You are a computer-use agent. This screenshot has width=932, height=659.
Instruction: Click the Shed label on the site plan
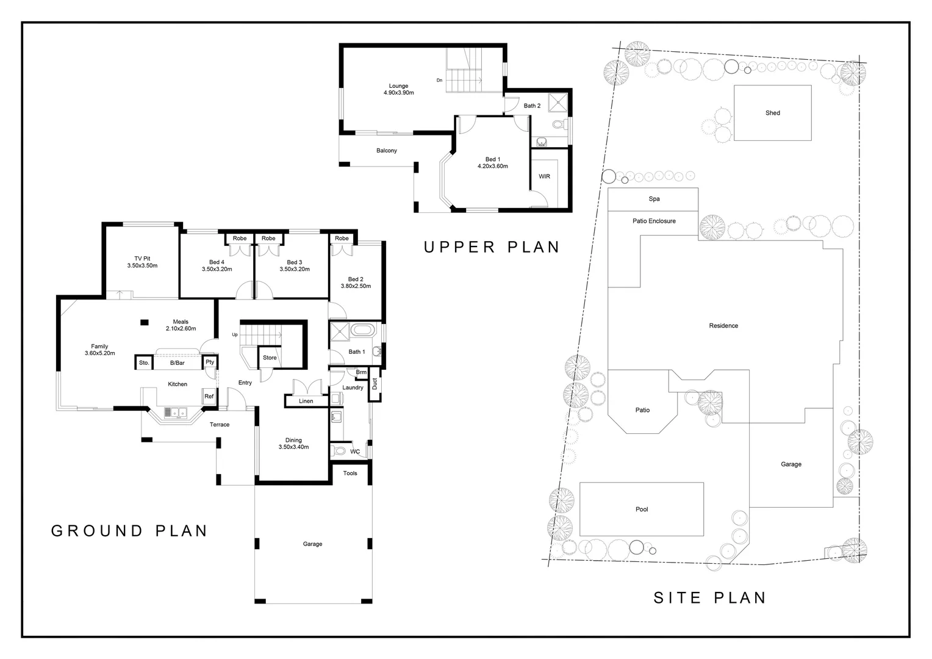(x=772, y=113)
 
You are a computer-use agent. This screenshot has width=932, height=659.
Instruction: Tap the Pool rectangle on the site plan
(x=641, y=509)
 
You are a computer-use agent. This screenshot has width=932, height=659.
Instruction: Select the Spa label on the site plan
(x=654, y=199)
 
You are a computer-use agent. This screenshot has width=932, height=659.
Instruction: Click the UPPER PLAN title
(x=492, y=247)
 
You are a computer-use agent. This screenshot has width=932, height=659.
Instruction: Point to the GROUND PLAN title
(x=129, y=531)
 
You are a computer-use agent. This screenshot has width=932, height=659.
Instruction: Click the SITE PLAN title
(x=709, y=597)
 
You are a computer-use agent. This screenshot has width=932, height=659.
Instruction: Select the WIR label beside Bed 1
(x=544, y=176)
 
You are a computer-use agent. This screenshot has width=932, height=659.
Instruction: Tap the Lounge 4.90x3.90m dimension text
(x=398, y=93)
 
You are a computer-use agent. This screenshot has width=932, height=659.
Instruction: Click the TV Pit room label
(x=142, y=259)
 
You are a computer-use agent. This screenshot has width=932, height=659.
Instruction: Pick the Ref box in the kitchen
(x=209, y=397)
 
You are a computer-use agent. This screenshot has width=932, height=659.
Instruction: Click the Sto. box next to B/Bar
(x=144, y=363)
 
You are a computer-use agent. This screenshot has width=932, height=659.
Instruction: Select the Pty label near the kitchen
(x=210, y=362)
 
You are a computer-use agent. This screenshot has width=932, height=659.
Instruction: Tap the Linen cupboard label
(x=306, y=401)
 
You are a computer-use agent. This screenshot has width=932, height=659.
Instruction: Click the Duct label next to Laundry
(x=375, y=384)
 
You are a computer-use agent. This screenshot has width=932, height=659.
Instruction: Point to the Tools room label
(x=350, y=474)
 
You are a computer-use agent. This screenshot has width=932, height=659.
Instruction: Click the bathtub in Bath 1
(x=363, y=331)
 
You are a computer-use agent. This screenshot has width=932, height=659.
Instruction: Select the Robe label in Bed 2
(x=342, y=238)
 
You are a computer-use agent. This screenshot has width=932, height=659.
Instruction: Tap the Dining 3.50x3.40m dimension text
(x=293, y=447)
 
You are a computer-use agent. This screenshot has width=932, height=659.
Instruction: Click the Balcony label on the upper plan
(x=387, y=151)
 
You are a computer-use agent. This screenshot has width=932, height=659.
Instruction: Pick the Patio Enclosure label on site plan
(x=654, y=221)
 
